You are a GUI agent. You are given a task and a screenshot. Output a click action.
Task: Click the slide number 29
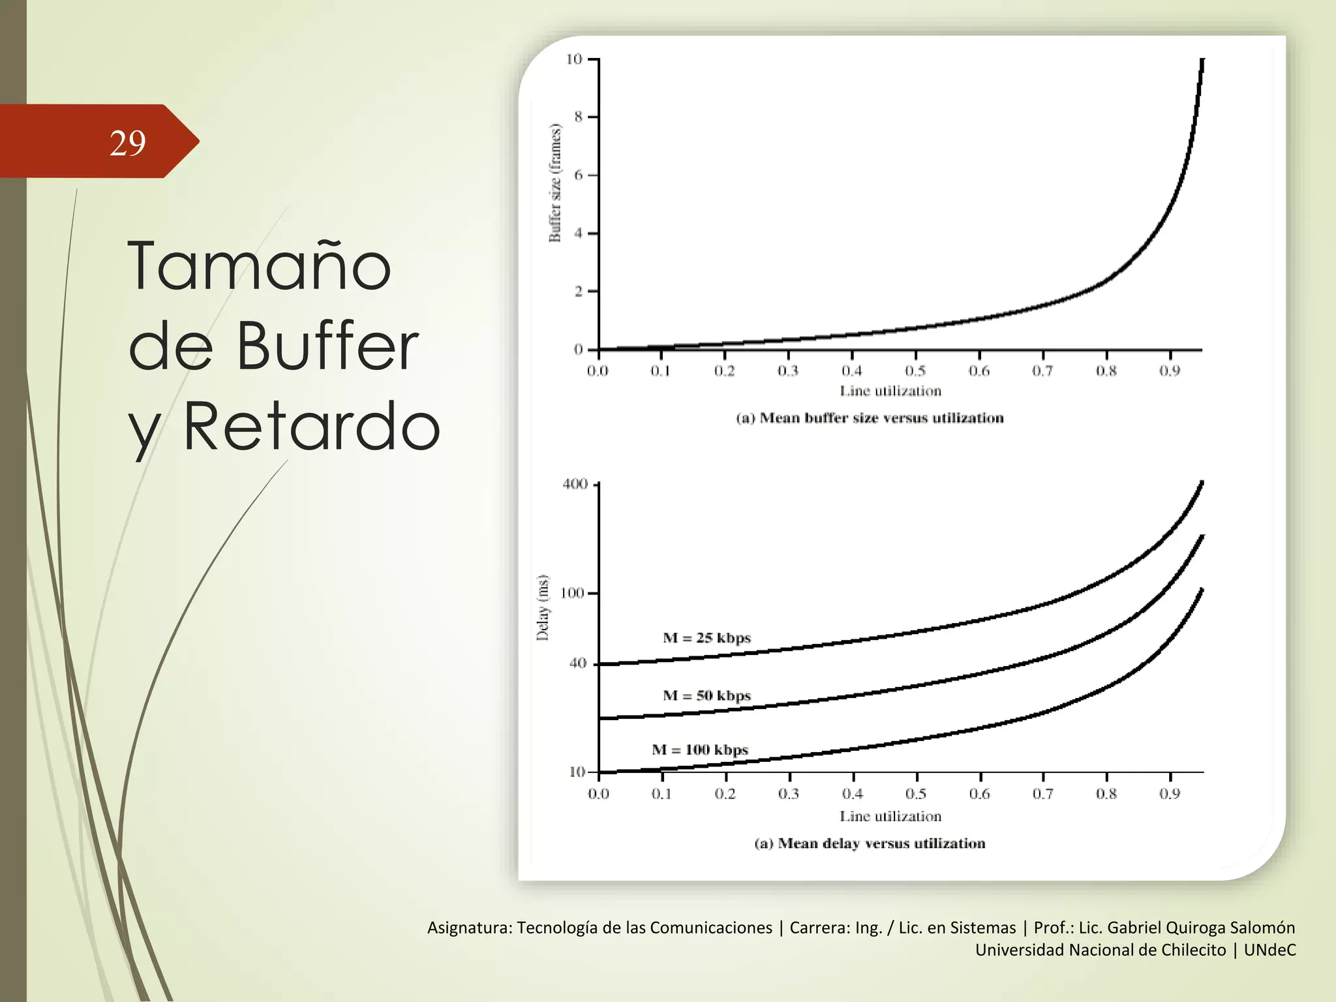(x=128, y=143)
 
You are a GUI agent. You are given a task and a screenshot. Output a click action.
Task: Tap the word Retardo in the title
(x=311, y=427)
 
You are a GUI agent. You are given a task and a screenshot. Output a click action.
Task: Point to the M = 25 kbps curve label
(x=706, y=638)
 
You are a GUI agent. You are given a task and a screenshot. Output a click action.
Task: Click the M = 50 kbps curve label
(x=706, y=696)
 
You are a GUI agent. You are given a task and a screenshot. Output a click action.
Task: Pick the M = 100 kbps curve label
(x=700, y=750)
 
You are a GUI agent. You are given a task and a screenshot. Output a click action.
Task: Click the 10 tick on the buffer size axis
(x=573, y=59)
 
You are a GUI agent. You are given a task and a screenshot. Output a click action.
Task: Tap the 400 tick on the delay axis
(x=575, y=484)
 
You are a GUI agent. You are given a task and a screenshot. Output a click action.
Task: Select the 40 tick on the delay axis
(x=578, y=663)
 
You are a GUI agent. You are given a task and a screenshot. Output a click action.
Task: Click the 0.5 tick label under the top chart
(x=915, y=371)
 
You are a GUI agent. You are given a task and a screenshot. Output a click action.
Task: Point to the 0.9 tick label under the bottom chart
(x=1170, y=794)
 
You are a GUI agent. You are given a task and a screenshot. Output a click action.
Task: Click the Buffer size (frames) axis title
(x=555, y=183)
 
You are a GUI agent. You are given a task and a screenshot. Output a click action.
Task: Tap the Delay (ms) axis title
(x=543, y=608)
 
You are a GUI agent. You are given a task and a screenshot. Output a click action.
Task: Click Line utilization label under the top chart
(x=890, y=391)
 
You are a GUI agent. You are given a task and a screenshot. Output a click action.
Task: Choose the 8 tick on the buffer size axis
(x=578, y=117)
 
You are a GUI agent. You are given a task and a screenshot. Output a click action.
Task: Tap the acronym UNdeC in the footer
(x=1269, y=950)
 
